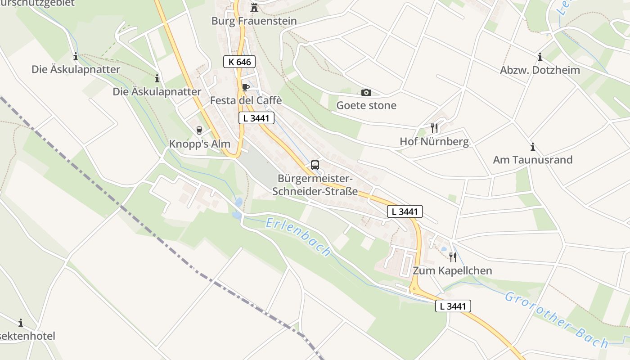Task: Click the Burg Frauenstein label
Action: [254, 21]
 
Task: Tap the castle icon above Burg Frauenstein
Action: [254, 7]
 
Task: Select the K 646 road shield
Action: [239, 62]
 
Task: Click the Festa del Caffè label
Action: [246, 100]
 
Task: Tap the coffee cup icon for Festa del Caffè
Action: [245, 87]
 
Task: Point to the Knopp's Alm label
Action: [199, 144]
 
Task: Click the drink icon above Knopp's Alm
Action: [199, 130]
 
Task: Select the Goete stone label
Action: [366, 106]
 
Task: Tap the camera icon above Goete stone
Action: [366, 92]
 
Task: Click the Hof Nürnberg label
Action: [434, 142]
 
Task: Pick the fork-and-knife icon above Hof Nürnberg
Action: [434, 128]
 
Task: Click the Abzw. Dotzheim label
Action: [540, 70]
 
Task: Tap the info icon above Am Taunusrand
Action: [533, 147]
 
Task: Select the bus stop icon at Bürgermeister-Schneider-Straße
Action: [315, 165]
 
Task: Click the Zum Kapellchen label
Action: [452, 271]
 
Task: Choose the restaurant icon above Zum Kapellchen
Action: [453, 257]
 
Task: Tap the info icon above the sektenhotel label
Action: [21, 323]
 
